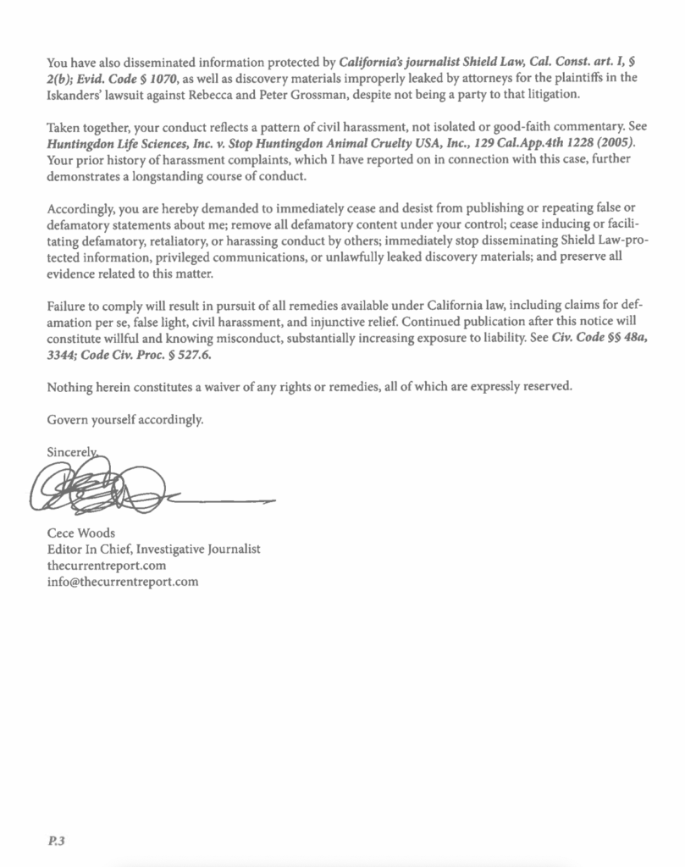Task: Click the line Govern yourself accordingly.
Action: pos(125,418)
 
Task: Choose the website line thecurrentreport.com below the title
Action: pos(106,565)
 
